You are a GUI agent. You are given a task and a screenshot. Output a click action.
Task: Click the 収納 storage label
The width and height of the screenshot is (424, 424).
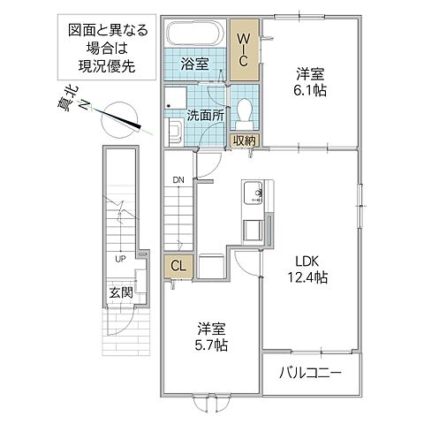click(245, 140)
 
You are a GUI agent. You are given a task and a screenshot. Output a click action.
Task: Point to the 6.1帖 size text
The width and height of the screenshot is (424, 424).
click(306, 91)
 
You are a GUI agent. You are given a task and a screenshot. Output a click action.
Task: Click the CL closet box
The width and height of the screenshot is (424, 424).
click(178, 266)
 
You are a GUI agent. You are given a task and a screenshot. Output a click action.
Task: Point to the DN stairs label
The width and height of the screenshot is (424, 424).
click(178, 180)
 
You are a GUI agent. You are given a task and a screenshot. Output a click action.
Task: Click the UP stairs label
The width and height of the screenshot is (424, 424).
click(117, 259)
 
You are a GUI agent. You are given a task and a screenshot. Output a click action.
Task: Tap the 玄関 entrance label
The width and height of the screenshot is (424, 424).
click(120, 291)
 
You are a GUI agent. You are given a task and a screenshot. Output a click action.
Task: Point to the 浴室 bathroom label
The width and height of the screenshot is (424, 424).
click(195, 64)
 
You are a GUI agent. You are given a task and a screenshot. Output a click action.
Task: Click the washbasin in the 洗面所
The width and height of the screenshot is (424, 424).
click(173, 132)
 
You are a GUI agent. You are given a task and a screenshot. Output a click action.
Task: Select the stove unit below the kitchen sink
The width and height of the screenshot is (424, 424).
click(251, 229)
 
